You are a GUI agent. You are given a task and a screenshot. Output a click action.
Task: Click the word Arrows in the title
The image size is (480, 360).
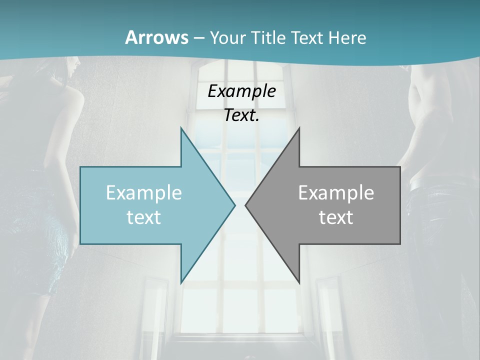coord(156,37)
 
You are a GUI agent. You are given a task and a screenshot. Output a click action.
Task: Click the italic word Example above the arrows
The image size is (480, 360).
coord(241,91)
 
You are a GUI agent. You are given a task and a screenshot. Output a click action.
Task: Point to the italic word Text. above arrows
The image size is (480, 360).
coord(241,115)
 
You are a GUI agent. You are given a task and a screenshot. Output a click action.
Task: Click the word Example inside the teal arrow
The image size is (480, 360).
coord(144,192)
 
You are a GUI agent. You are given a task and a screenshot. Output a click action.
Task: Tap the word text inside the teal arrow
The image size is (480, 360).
coord(144,217)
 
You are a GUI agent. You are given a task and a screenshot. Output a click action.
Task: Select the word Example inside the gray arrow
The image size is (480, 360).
coord(336,192)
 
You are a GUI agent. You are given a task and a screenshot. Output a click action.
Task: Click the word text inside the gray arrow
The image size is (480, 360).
coord(336,217)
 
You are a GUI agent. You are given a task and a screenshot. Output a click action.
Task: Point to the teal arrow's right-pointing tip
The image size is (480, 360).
coord(234,205)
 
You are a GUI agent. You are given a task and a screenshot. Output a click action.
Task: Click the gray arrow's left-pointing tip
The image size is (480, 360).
coord(246,205)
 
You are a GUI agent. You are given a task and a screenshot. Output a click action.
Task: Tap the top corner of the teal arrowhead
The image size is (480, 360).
coord(181,128)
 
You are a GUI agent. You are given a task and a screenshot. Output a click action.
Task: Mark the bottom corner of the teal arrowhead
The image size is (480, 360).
coord(181,282)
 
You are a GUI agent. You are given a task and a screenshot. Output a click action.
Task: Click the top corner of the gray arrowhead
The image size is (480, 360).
coord(299,128)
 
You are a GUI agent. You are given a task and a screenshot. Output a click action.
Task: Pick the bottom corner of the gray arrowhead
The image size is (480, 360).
coord(299,282)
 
